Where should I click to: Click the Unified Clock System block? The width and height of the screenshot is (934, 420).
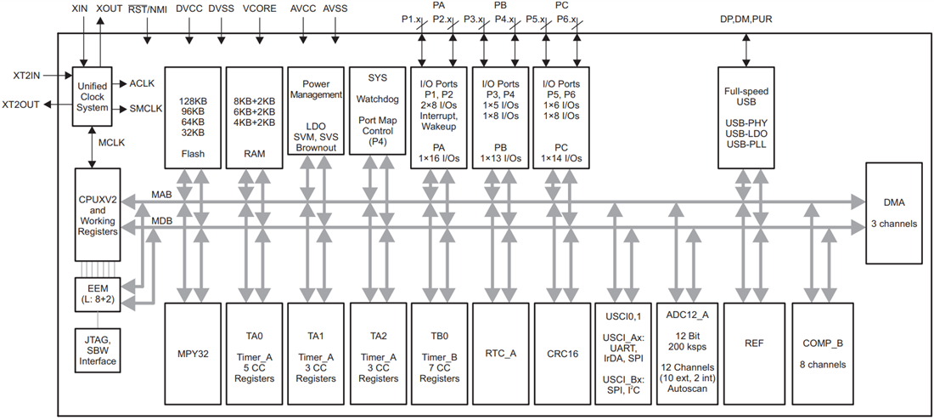(93, 96)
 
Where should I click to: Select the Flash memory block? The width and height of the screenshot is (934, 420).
(193, 117)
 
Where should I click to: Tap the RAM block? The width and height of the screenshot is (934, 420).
(254, 117)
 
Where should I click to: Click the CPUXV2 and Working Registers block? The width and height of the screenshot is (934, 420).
(97, 215)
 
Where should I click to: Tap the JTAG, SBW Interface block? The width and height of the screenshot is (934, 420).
(96, 349)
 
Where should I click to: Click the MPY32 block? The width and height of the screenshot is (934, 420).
(193, 353)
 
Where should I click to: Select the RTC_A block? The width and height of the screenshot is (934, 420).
(500, 353)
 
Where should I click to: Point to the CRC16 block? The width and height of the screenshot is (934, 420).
(561, 353)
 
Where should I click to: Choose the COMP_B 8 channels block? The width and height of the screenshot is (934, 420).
(821, 353)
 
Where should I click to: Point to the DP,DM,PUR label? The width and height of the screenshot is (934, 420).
(745, 20)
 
